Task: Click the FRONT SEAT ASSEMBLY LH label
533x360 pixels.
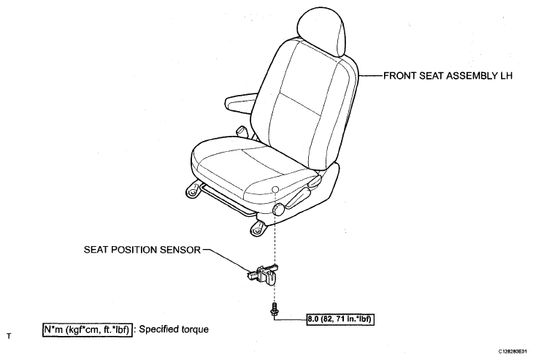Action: pos(448,75)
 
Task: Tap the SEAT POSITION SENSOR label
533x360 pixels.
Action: pos(142,250)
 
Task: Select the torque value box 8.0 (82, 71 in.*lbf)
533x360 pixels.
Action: pos(340,319)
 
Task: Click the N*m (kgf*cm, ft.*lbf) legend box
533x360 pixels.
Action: pos(88,330)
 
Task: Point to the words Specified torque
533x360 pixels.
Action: pos(174,329)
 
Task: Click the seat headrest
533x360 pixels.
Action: pos(321,31)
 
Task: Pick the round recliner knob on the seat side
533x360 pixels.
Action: pos(280,208)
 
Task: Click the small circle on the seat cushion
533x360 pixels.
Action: pos(275,189)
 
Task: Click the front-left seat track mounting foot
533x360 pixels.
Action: pos(193,191)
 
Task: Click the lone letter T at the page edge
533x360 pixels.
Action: pos(9,336)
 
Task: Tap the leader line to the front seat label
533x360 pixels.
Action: pos(370,75)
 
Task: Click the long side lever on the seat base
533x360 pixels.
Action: pos(299,198)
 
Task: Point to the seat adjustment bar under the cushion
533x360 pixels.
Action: pos(227,200)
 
